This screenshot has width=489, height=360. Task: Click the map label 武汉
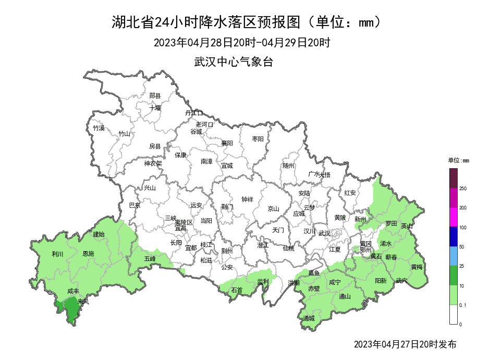(324, 233)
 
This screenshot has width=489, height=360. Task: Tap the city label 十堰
(155, 108)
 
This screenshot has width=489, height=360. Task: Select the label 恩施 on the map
(89, 254)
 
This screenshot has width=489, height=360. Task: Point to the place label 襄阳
(227, 143)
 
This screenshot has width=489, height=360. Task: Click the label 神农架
(153, 163)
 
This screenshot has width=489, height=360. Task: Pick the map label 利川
(57, 254)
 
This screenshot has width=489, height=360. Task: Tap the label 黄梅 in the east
(417, 267)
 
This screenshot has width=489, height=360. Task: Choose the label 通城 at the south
(309, 318)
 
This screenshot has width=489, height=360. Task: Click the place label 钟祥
(247, 199)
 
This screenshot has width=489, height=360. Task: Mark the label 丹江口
(193, 113)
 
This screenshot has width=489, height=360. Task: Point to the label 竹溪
(99, 128)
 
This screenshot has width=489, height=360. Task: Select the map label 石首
(237, 290)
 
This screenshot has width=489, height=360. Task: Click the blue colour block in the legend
(454, 237)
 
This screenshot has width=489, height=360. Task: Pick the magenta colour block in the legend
(454, 217)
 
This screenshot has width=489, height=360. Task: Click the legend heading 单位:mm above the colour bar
(459, 160)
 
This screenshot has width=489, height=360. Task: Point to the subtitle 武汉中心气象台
(234, 61)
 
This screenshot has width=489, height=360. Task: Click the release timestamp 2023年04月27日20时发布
(405, 344)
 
